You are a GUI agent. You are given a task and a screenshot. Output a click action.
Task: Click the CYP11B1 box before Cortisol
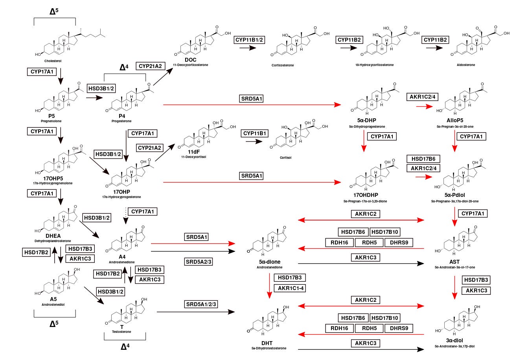(x=255, y=134)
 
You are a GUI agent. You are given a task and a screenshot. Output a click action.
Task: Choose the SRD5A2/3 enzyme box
(x=199, y=262)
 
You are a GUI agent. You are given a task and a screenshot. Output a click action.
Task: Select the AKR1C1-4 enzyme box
(x=291, y=288)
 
